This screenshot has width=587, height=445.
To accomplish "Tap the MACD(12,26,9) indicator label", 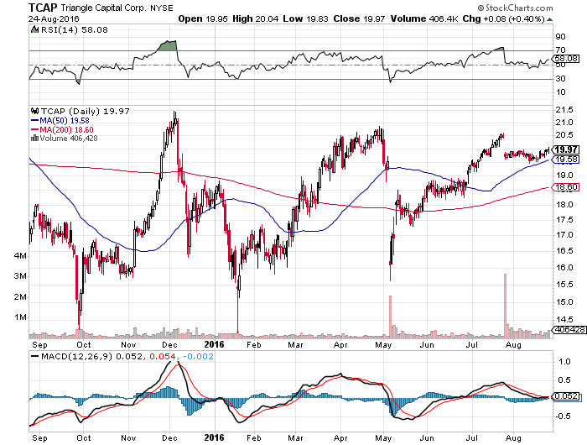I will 72,358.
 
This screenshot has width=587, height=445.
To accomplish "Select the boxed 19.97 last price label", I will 566,148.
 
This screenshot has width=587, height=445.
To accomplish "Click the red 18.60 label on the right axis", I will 566,187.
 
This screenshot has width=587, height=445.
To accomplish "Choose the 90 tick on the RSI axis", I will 559,37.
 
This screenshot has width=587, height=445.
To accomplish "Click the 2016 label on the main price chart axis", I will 214,343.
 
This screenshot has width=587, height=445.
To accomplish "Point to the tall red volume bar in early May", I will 390,316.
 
